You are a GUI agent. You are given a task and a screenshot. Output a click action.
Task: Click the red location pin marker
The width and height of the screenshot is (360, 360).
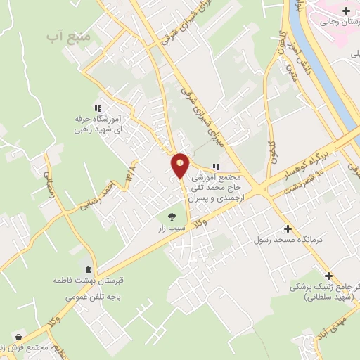tap(180, 166)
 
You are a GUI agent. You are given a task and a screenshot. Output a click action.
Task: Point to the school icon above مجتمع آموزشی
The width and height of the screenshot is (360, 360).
tap(216, 167)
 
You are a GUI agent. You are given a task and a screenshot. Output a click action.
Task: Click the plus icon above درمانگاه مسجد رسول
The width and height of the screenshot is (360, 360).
tap(288, 229)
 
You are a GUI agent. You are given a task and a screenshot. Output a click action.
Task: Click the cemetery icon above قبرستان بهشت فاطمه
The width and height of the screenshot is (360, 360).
tap(87, 269)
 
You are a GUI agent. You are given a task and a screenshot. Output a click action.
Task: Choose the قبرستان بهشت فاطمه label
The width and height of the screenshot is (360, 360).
tap(83, 281)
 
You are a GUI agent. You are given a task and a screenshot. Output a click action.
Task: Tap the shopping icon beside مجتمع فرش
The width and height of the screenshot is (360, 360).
tap(17, 338)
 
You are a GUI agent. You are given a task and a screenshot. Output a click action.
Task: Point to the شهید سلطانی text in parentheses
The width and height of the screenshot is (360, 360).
tap(326, 297)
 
